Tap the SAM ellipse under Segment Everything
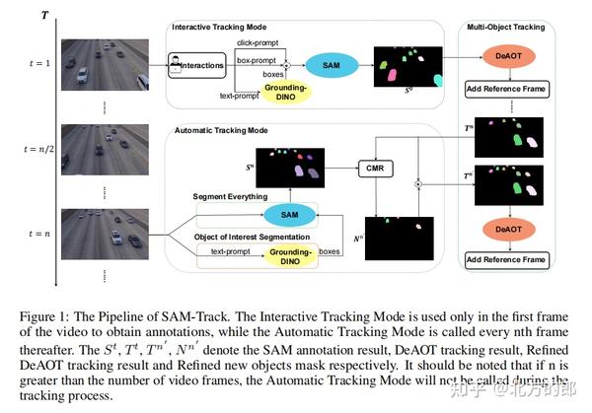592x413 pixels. (x=290, y=215)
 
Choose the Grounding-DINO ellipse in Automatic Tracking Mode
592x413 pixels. (x=289, y=254)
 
